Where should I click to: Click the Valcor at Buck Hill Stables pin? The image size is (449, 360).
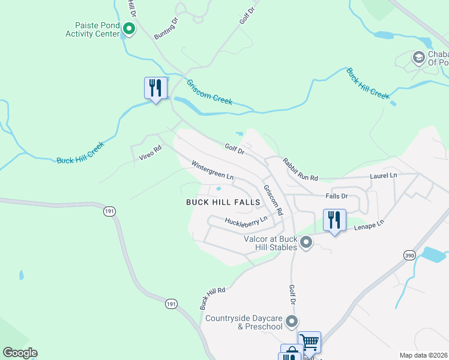[306, 243]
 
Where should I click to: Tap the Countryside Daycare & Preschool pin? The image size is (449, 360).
[292, 322]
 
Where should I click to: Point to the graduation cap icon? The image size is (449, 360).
[418, 58]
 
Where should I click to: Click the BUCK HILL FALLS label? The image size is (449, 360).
[223, 202]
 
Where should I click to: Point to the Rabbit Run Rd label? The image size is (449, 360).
[300, 169]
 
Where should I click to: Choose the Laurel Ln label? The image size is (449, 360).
[384, 175]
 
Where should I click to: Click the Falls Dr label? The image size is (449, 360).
[337, 196]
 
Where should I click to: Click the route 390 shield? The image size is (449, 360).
[409, 256]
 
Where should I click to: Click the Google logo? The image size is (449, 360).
[20, 353]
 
